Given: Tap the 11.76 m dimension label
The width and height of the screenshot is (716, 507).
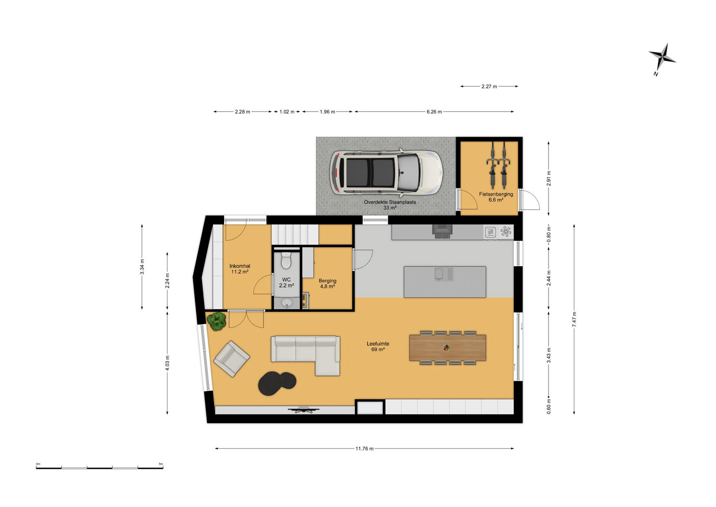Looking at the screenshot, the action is pos(364,449).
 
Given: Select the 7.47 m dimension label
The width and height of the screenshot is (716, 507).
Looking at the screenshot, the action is pos(574,319).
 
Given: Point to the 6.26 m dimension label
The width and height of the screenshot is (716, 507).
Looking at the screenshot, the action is pos(434,112).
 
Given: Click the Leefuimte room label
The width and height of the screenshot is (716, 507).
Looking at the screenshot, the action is pos(378,347).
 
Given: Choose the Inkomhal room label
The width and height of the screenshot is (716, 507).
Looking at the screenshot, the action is pos(240,269).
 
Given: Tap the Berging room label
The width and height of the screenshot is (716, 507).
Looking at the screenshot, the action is pos(327,283).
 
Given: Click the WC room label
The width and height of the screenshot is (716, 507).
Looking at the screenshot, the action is pos(286,283).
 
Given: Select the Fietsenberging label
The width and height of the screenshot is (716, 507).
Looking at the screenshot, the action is pos(496,197).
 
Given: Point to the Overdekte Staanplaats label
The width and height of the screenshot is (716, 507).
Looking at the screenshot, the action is pos(390,205).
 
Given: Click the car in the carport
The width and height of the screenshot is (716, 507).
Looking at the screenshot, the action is pos(386,173).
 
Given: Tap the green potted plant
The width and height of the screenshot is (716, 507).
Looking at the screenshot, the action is pos(217,321).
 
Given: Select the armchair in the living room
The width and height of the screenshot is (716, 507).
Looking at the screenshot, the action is pos(232,359).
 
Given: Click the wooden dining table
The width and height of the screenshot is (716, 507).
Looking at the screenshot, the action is pos(447,348).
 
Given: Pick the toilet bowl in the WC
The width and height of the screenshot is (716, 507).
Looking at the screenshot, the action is pos(286,260).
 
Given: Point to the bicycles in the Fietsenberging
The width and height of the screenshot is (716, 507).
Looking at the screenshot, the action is pos(498,165).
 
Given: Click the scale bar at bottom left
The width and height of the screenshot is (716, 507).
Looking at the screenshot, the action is pos(99,468).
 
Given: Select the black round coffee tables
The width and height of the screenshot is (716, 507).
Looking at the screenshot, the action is pos(277,383).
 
